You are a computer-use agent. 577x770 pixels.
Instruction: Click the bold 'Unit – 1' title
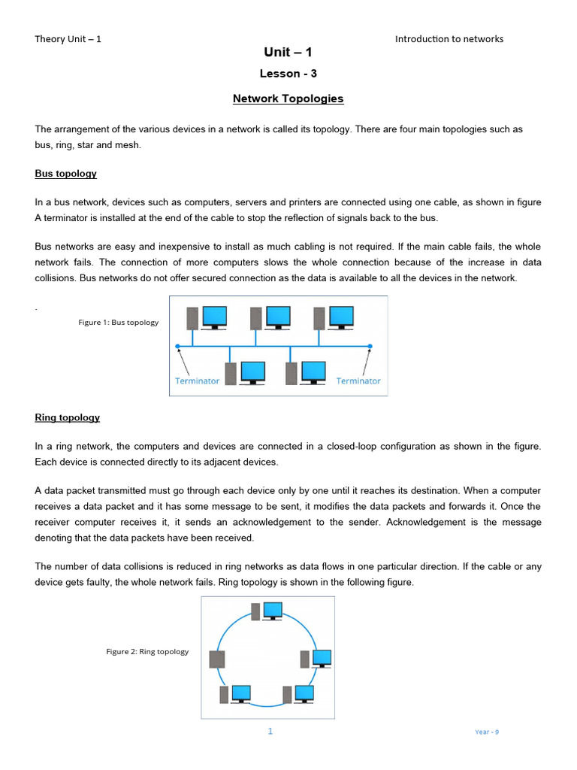[288, 52]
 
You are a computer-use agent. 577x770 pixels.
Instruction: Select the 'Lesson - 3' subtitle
[288, 74]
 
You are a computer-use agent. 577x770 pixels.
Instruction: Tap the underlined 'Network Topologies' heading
[288, 99]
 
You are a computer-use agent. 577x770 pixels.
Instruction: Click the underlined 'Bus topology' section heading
[65, 174]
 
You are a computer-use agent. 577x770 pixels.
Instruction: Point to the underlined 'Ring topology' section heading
[67, 417]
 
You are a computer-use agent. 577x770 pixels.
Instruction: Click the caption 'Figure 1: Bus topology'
[119, 323]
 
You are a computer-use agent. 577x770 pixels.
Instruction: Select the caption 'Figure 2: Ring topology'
[147, 652]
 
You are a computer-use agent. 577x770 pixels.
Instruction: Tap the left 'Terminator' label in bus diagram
[197, 381]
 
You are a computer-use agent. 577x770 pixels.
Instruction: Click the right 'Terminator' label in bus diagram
[358, 381]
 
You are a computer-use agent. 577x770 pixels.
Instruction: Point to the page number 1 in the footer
[270, 732]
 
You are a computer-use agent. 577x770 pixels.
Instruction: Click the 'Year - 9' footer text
[487, 732]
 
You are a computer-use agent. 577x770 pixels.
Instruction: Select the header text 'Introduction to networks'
[449, 39]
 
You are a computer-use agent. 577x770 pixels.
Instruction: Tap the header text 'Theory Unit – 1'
[68, 39]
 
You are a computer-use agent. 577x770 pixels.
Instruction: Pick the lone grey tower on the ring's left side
[217, 659]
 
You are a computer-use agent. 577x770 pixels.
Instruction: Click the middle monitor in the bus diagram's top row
[278, 317]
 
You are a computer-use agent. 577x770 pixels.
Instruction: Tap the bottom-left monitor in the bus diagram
[252, 372]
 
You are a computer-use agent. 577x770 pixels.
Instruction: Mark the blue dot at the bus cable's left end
[178, 347]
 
